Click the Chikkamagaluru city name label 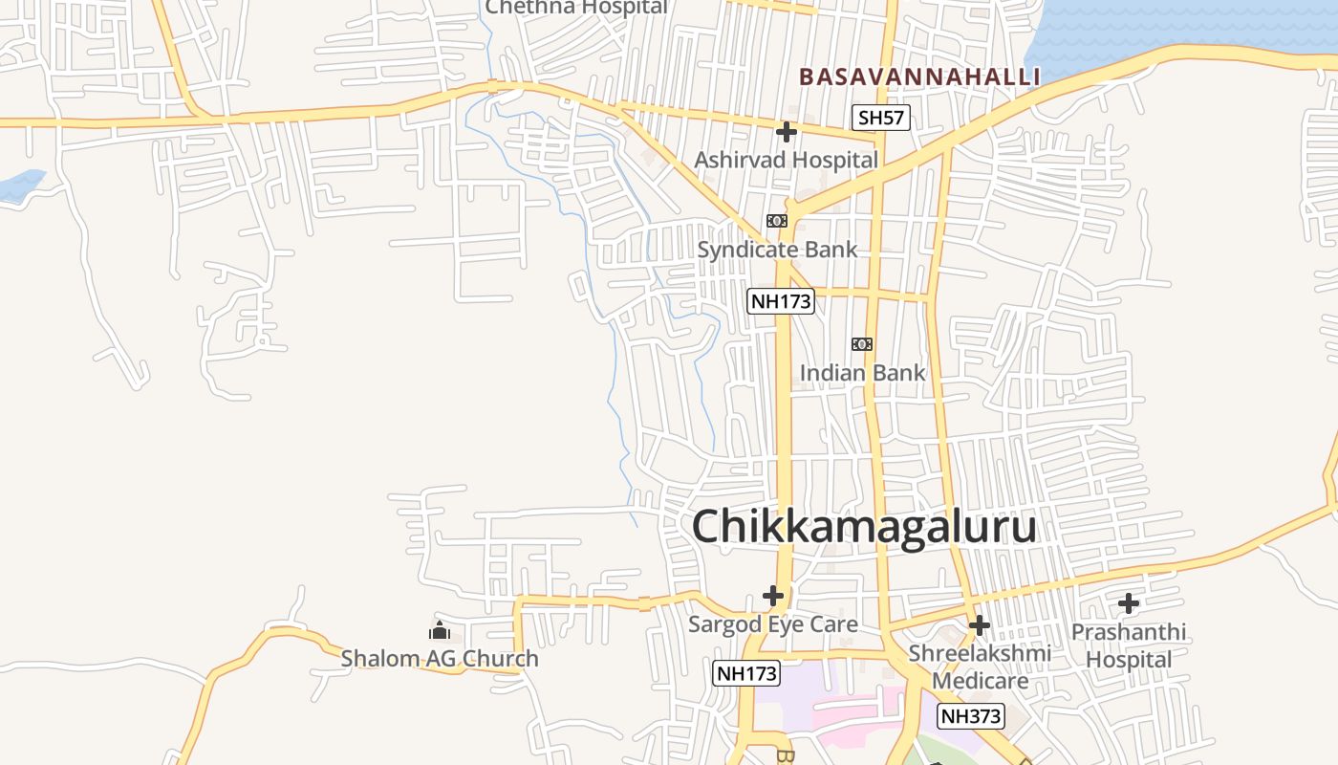pyautogui.click(x=863, y=527)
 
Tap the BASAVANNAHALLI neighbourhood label pyautogui.click(x=919, y=76)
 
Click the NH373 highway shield pyautogui.click(x=971, y=716)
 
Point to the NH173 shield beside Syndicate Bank pyautogui.click(x=781, y=301)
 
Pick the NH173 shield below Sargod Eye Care pyautogui.click(x=746, y=673)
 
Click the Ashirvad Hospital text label pyautogui.click(x=786, y=160)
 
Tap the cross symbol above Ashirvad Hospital pyautogui.click(x=787, y=131)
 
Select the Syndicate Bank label pyautogui.click(x=777, y=250)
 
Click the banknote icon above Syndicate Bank pyautogui.click(x=777, y=221)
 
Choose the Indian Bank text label pyautogui.click(x=862, y=372)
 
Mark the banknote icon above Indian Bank pyautogui.click(x=862, y=344)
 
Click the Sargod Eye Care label pyautogui.click(x=773, y=624)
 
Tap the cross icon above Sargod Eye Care pyautogui.click(x=773, y=596)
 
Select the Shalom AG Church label pyautogui.click(x=440, y=659)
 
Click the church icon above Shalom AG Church pyautogui.click(x=440, y=630)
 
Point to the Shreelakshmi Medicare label pyautogui.click(x=980, y=667)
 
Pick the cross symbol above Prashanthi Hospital pyautogui.click(x=1129, y=603)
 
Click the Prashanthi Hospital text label pyautogui.click(x=1129, y=645)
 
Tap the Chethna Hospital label pyautogui.click(x=576, y=8)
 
